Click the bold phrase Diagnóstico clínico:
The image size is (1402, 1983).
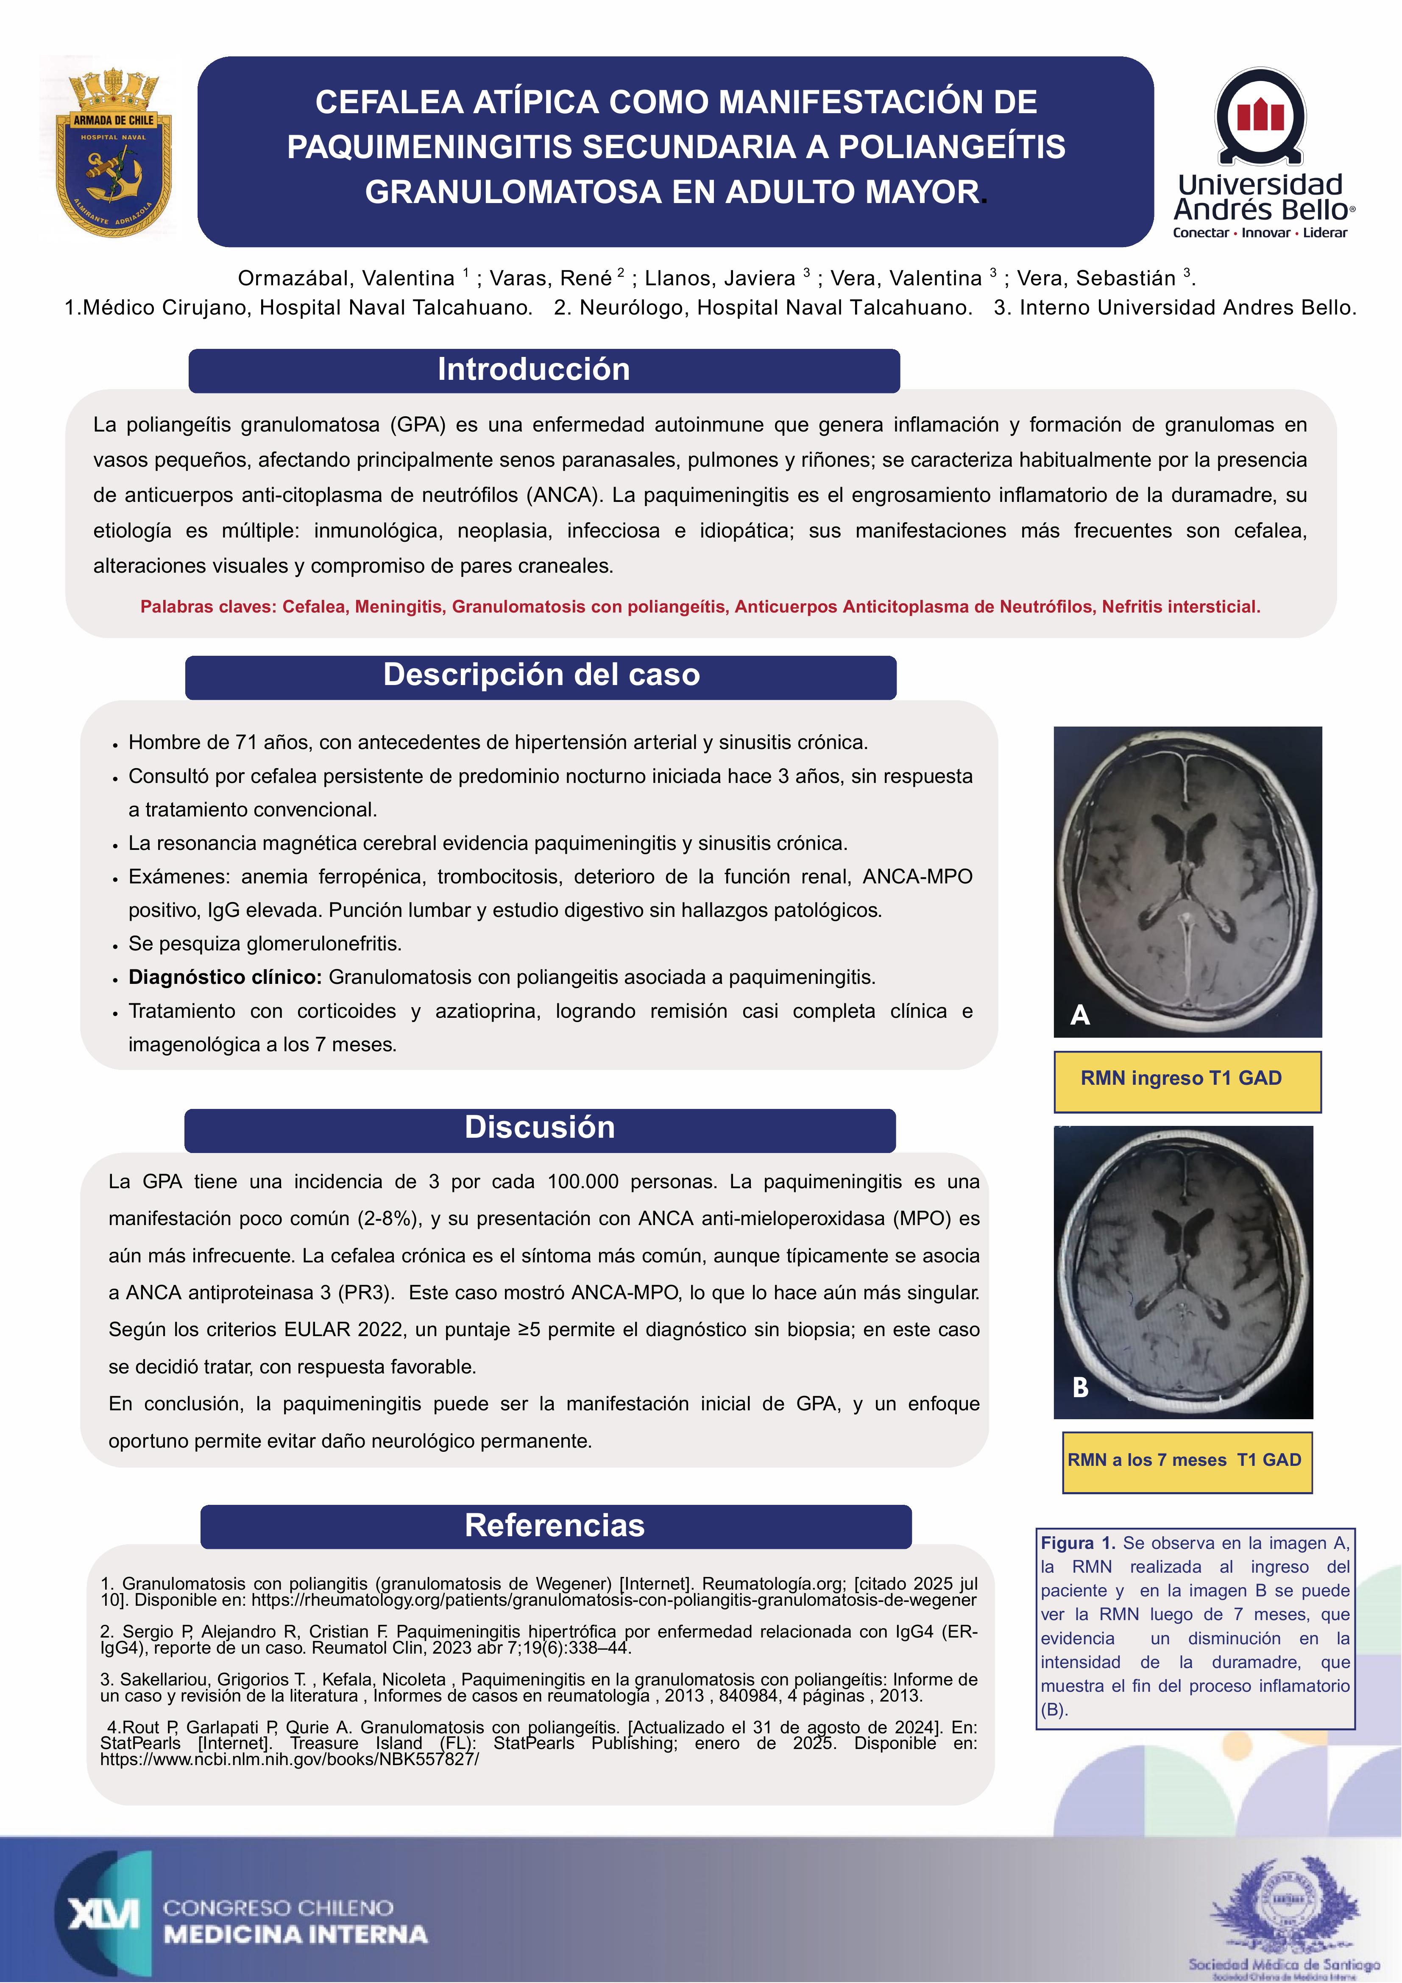pos(225,977)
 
